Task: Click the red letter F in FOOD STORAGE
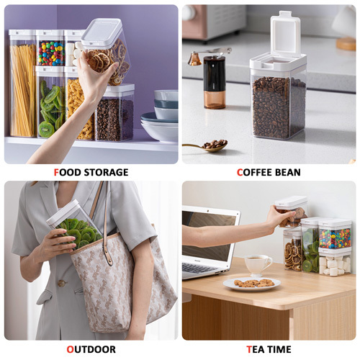pyautogui.click(x=56, y=172)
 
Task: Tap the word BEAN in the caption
pyautogui.click(x=288, y=172)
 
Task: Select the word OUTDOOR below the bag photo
pyautogui.click(x=91, y=349)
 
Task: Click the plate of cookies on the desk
pyautogui.click(x=252, y=284)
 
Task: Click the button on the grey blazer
pyautogui.click(x=62, y=283)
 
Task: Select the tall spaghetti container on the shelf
pyautogui.click(x=22, y=84)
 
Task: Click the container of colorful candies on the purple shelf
pyautogui.click(x=50, y=48)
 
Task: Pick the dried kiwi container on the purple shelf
pyautogui.click(x=50, y=102)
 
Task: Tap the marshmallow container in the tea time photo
pyautogui.click(x=335, y=263)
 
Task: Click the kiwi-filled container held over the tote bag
pyautogui.click(x=74, y=225)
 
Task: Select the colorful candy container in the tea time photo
pyautogui.click(x=335, y=235)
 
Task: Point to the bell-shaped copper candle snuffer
pyautogui.click(x=194, y=59)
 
